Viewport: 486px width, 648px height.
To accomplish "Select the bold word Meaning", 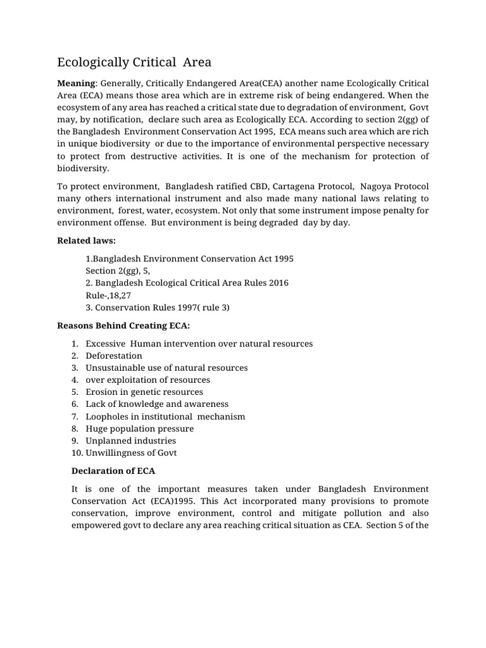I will click(x=75, y=84).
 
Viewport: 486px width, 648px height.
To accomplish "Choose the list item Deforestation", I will click(x=114, y=356).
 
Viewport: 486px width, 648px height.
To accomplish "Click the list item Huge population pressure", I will click(x=139, y=428).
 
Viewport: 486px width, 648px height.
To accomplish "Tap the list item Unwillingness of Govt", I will click(x=131, y=452).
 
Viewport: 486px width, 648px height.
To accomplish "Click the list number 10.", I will click(x=75, y=452).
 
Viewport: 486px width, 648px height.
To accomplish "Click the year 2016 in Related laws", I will click(x=278, y=283).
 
